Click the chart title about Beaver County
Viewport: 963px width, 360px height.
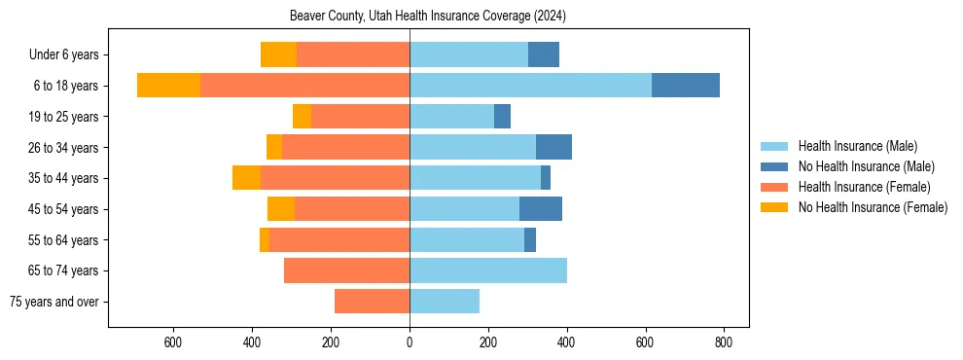point(428,17)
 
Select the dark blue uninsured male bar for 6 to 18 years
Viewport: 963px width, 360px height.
point(686,86)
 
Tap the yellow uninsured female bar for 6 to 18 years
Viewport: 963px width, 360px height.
point(168,86)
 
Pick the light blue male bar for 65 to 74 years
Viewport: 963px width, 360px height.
point(488,270)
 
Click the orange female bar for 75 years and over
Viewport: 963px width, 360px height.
point(372,302)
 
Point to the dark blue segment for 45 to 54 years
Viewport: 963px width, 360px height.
point(541,209)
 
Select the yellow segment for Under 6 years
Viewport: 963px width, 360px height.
point(278,54)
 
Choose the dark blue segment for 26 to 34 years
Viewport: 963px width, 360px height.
point(553,147)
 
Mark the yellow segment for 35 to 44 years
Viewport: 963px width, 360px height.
point(246,178)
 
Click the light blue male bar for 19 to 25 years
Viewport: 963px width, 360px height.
point(451,117)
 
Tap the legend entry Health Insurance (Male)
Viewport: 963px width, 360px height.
point(857,146)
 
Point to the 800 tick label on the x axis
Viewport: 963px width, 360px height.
point(724,342)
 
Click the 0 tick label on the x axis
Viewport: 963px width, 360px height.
point(410,342)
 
